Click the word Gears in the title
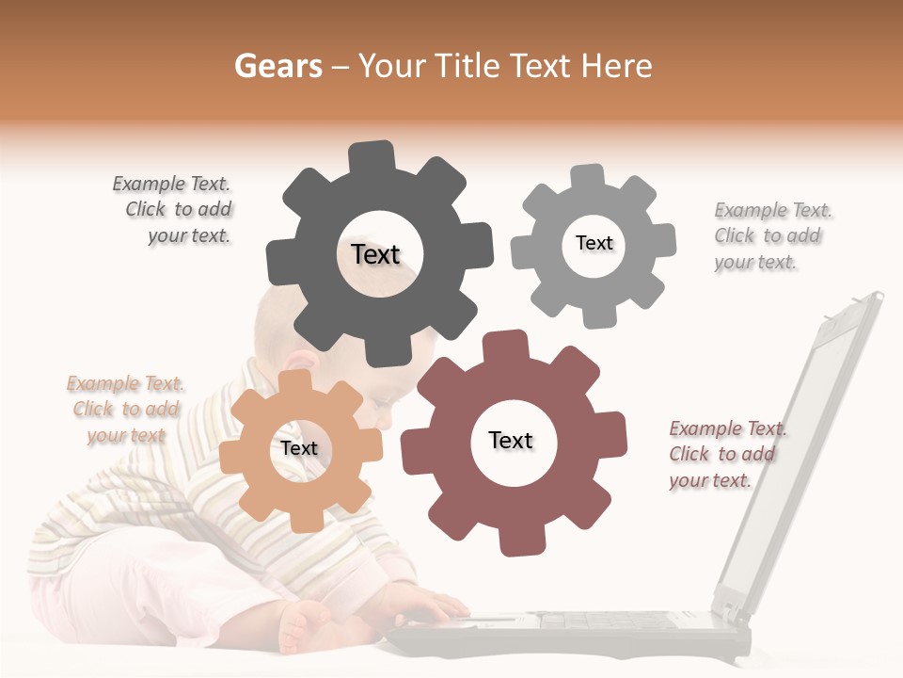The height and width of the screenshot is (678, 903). pyautogui.click(x=277, y=66)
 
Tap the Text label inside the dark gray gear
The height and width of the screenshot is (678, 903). pyautogui.click(x=375, y=254)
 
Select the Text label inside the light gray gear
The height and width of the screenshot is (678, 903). pyautogui.click(x=594, y=243)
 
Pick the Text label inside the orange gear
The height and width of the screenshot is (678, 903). pyautogui.click(x=299, y=448)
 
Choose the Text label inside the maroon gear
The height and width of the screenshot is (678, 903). pyautogui.click(x=511, y=440)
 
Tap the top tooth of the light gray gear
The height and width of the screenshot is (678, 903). pyautogui.click(x=588, y=177)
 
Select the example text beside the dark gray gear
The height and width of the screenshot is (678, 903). pyautogui.click(x=179, y=210)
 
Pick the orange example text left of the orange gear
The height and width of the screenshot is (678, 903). pyautogui.click(x=125, y=409)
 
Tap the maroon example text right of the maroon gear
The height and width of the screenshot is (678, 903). pyautogui.click(x=723, y=454)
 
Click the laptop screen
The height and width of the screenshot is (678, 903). pyautogui.click(x=809, y=443)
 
